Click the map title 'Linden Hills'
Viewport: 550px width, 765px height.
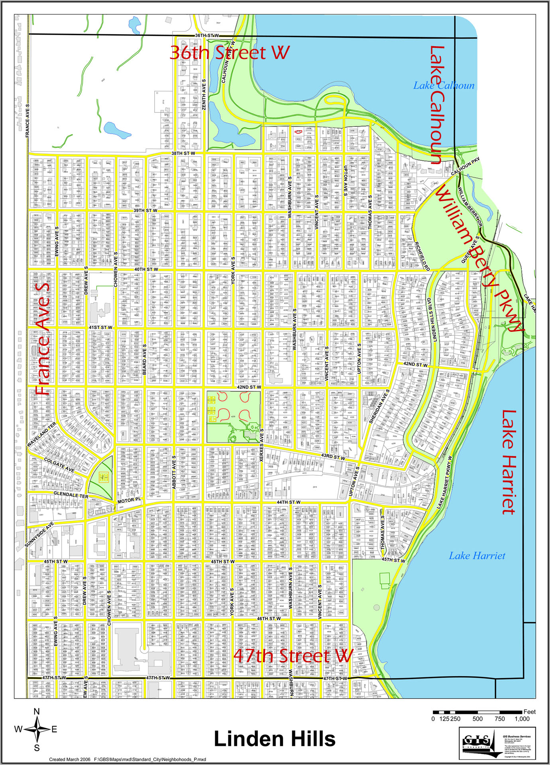pyautogui.click(x=275, y=739)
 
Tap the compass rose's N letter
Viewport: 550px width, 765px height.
pyautogui.click(x=37, y=712)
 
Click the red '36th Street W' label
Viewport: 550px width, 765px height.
pyautogui.click(x=230, y=53)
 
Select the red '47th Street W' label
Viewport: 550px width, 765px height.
pyautogui.click(x=294, y=655)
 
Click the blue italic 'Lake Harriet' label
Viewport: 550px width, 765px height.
pyautogui.click(x=477, y=556)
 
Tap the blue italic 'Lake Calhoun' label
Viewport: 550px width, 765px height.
pyautogui.click(x=444, y=86)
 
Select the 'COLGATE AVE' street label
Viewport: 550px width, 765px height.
pyautogui.click(x=59, y=465)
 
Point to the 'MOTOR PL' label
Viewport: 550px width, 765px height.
pyautogui.click(x=129, y=500)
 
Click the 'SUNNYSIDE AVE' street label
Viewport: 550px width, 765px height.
pyautogui.click(x=39, y=535)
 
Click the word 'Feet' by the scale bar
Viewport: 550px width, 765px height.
pyautogui.click(x=529, y=712)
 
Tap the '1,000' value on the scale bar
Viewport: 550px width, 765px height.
pyautogui.click(x=522, y=719)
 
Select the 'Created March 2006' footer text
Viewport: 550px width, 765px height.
pyautogui.click(x=70, y=759)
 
